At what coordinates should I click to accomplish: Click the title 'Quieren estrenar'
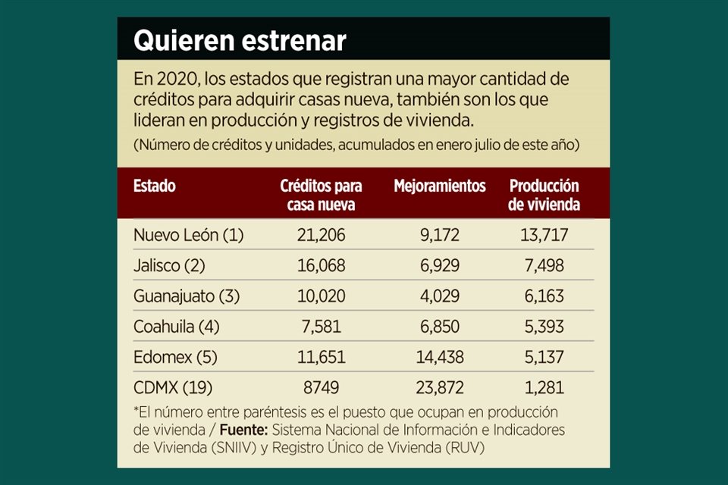[240, 41]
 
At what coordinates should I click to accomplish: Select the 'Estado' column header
[154, 186]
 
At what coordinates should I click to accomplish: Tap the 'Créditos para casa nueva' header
[321, 195]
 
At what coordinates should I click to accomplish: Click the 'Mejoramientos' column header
[440, 186]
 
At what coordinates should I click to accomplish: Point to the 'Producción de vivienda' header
[544, 195]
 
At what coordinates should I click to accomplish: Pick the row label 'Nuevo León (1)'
[188, 235]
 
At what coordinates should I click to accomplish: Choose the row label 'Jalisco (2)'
[169, 266]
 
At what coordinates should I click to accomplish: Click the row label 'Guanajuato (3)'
[186, 296]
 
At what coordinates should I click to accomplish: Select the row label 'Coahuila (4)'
[177, 327]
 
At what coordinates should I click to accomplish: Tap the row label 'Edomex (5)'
[172, 357]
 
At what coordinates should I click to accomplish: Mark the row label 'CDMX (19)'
[173, 388]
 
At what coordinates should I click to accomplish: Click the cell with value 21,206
[322, 235]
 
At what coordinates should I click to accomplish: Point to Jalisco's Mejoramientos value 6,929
[440, 266]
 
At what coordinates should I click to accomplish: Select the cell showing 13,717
[544, 235]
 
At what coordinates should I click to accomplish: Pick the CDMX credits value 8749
[322, 388]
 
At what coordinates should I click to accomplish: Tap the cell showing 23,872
[440, 388]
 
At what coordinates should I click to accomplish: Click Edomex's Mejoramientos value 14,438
[440, 357]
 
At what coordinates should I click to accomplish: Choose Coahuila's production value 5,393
[544, 327]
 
